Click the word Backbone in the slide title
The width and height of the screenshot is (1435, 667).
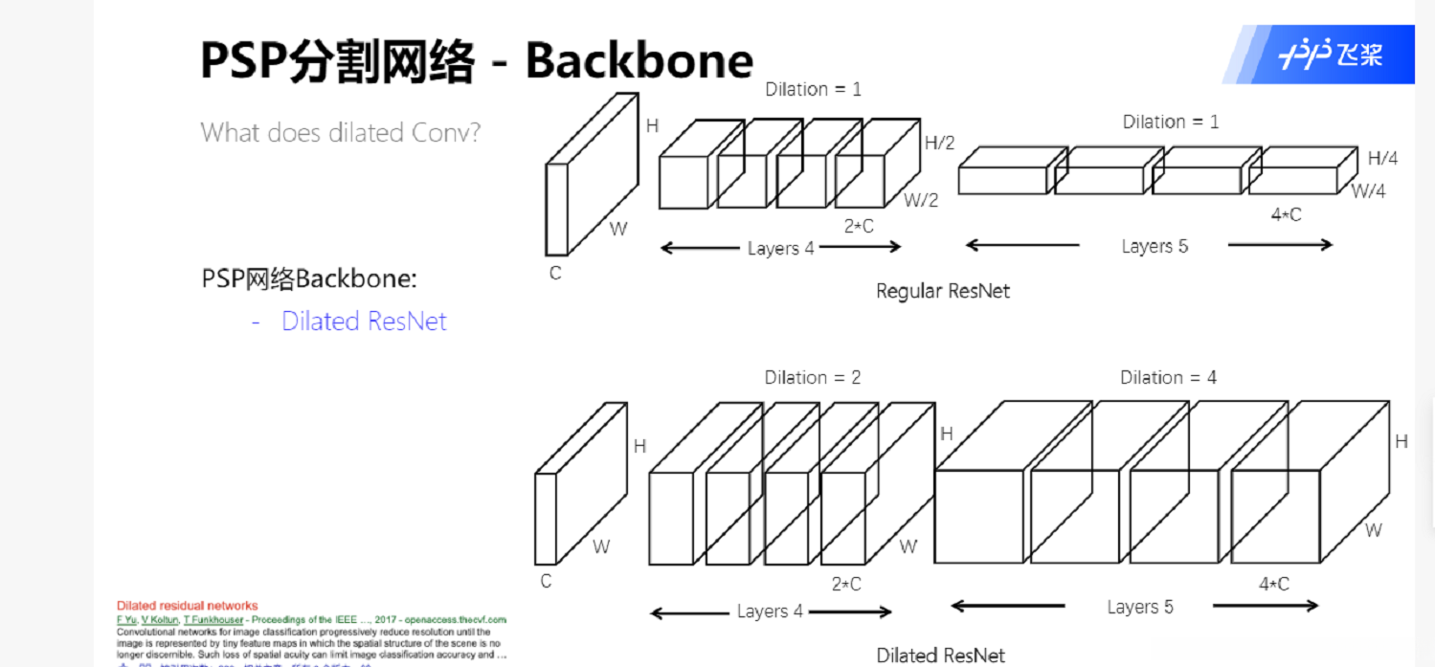click(639, 60)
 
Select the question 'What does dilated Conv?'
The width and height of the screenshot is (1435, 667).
click(340, 132)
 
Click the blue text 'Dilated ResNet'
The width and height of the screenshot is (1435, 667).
click(364, 322)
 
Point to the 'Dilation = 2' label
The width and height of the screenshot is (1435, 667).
click(812, 378)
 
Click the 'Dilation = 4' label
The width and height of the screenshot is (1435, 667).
click(1168, 378)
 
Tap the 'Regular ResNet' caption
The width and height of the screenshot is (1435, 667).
click(942, 291)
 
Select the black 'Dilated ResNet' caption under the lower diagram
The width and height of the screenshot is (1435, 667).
click(940, 656)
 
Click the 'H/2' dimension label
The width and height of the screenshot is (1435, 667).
click(939, 144)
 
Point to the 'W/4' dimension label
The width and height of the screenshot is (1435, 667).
click(1368, 191)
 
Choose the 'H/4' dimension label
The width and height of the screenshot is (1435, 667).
click(1381, 159)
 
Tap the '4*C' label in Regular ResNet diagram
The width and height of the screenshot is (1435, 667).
click(1286, 215)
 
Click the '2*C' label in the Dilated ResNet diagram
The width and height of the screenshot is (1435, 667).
click(846, 584)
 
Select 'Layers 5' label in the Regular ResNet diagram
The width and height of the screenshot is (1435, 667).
click(1155, 247)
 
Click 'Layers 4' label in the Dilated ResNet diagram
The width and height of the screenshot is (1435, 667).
click(770, 611)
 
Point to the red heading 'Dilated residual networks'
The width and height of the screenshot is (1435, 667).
click(187, 606)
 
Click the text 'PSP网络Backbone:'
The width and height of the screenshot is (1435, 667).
click(309, 279)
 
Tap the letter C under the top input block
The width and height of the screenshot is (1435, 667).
click(554, 274)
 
